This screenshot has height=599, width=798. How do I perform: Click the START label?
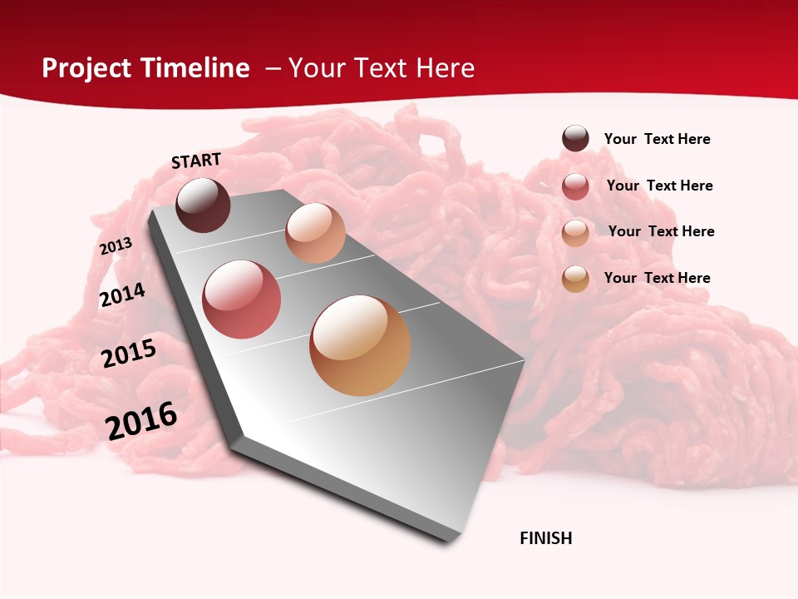point(196,161)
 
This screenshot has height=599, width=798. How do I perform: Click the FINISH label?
point(546,538)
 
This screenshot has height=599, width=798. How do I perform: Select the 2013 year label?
point(116,246)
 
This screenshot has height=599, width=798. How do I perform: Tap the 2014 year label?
point(122,295)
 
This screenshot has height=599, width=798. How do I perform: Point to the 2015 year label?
point(129,354)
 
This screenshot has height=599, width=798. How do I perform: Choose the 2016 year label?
point(141,420)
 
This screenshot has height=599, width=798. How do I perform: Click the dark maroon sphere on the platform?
point(204,205)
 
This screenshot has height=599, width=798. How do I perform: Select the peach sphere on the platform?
point(315,233)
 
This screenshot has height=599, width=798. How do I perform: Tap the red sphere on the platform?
point(242,299)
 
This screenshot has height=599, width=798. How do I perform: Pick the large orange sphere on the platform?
point(360,345)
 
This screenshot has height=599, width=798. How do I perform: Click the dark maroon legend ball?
point(575,138)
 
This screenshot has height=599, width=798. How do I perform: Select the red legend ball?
point(575,186)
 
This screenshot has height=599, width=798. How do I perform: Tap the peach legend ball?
point(575,233)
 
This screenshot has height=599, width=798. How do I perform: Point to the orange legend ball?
point(575,279)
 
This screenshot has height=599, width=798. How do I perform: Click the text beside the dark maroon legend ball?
point(657,139)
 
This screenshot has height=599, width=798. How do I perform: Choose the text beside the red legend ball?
point(659,186)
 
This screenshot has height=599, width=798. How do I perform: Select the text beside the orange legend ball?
point(657,278)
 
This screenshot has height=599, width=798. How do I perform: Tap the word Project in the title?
point(87,68)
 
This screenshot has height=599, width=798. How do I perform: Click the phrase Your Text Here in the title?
point(382,68)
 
